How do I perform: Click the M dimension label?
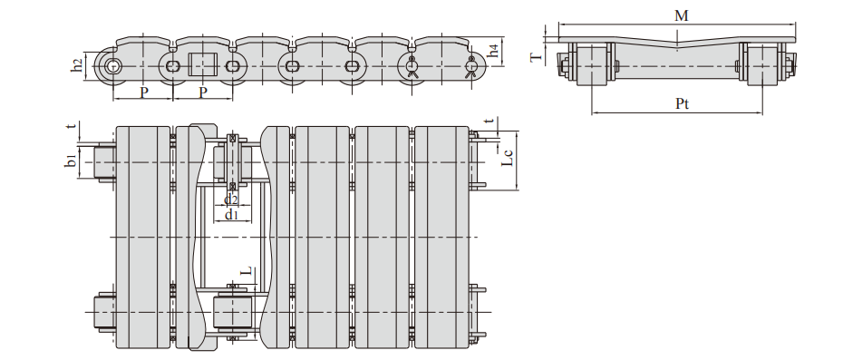(681, 15)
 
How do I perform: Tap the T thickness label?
(537, 55)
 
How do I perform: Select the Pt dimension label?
(682, 103)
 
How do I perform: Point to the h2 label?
(78, 65)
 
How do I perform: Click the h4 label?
(494, 51)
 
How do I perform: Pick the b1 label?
(70, 161)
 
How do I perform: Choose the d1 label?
(231, 215)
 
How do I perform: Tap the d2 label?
(231, 199)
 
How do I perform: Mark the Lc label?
(508, 157)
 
